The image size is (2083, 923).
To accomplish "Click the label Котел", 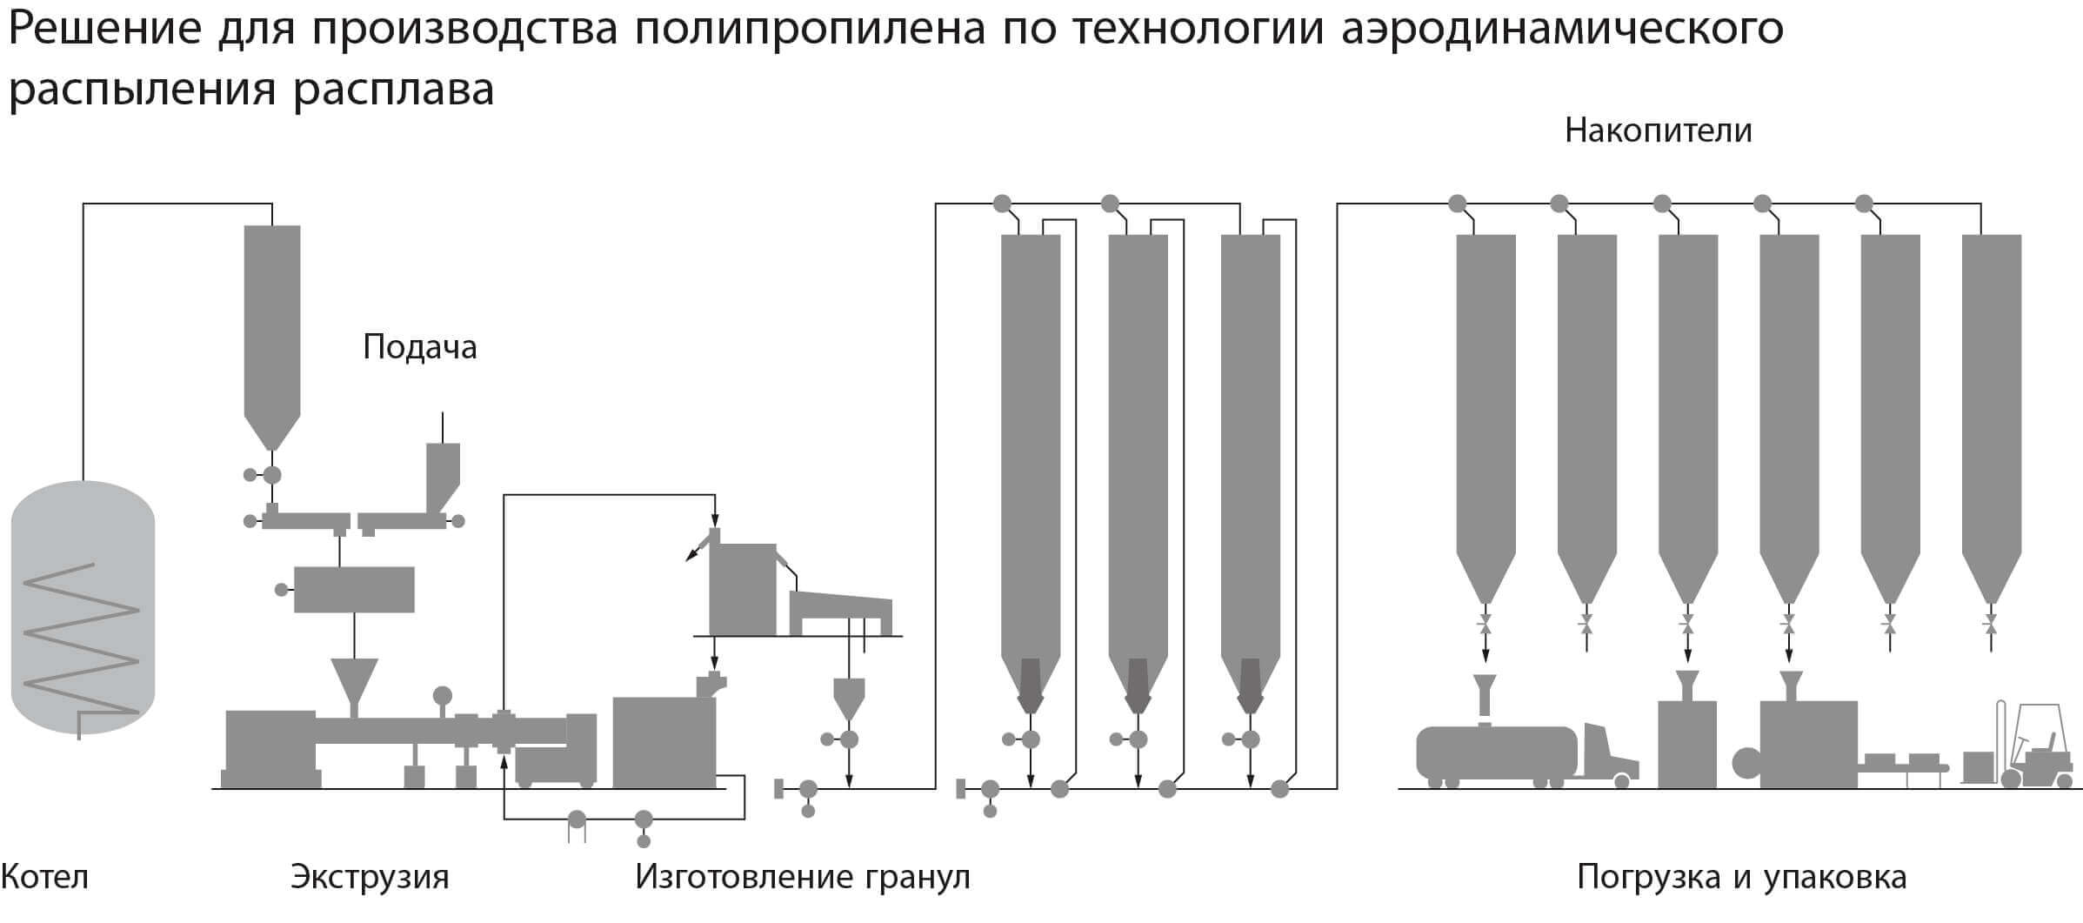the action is point(44,876).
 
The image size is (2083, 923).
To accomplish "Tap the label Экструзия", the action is point(370,877).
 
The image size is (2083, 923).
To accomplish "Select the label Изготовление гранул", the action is point(803,877).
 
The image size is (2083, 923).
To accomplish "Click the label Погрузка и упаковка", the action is point(1741,877).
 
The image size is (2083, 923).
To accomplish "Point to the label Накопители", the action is point(1658,130).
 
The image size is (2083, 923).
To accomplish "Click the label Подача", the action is point(420,347).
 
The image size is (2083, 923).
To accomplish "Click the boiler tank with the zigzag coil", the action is point(83,607).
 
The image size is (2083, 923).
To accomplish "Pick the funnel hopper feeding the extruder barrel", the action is point(354,683).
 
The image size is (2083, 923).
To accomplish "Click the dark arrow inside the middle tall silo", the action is point(1138,685).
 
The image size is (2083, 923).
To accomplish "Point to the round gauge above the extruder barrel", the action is point(443,696).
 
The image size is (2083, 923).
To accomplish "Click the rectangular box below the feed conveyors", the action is point(354,589).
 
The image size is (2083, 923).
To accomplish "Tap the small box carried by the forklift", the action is point(1979,766).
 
